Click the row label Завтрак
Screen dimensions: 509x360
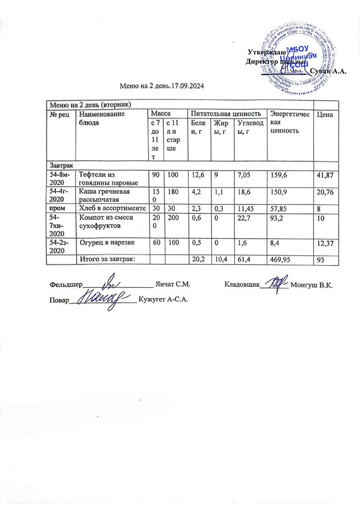click(58, 164)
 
